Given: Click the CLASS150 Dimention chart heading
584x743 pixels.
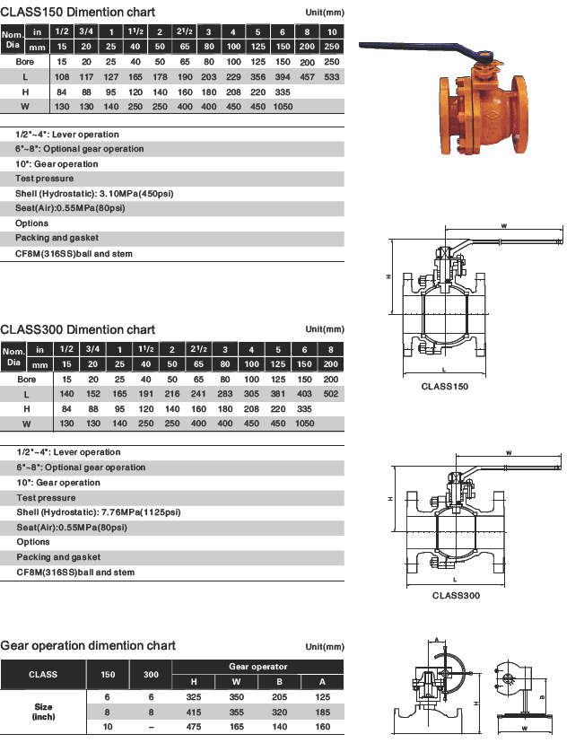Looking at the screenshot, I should pos(78,13).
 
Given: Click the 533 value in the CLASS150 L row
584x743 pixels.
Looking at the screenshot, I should pos(332,77).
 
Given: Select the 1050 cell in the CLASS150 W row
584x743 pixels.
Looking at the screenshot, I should pos(283,107).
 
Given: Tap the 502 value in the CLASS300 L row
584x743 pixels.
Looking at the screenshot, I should pos(332,395).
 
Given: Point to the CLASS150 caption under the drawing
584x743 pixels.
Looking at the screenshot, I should pos(445,387).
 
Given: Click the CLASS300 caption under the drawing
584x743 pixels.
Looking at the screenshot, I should pos(457,595).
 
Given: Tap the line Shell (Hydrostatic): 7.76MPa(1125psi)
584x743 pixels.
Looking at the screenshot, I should pos(99,511).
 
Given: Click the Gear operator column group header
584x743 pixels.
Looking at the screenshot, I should pos(258,667).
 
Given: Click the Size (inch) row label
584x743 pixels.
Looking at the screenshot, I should pos(43,712).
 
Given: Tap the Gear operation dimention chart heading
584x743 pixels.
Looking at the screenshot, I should pos(89,646).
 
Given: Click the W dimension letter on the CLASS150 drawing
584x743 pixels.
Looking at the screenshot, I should pos(504,225).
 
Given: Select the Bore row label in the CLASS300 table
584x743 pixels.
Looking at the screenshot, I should pos(26,380).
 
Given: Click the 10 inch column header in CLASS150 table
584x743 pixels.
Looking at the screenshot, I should pos(332,31).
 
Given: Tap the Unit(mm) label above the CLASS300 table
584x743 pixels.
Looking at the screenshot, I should pos(325,329).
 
